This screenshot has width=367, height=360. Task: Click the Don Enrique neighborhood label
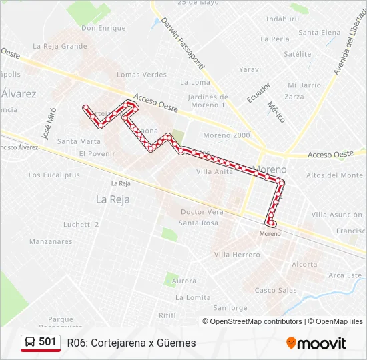[103, 28]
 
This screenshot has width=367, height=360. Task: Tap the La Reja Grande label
[60, 46]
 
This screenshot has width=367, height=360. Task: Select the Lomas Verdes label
[141, 75]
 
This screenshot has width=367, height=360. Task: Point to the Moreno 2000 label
[226, 135]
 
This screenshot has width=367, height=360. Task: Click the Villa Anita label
[215, 171]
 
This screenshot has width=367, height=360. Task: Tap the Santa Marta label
[79, 141]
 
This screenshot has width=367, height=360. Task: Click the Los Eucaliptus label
[54, 175]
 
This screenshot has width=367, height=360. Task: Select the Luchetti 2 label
[81, 225]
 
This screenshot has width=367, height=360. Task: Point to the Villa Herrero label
[237, 255]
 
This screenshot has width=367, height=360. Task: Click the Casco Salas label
[276, 290]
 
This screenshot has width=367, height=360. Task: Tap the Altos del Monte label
[334, 175]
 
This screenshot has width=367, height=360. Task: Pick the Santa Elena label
[319, 33]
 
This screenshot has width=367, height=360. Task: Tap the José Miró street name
[47, 121]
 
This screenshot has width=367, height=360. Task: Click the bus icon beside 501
[31, 342]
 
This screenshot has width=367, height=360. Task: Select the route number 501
[48, 342]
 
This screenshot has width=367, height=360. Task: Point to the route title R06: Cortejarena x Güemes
[131, 343]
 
